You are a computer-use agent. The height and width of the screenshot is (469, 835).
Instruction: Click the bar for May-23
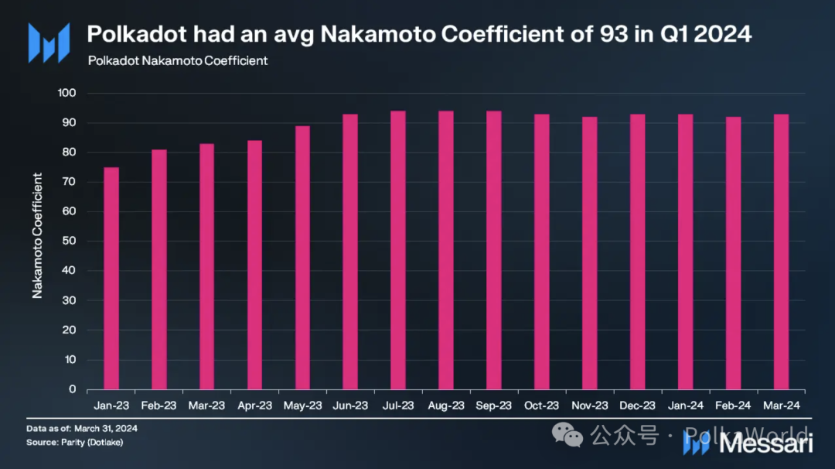pos(302,258)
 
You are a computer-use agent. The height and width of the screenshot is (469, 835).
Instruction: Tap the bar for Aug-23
pos(446,250)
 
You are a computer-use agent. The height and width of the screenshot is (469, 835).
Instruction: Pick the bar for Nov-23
pos(590,253)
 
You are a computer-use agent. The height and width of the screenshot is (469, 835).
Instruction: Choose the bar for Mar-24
pos(781,252)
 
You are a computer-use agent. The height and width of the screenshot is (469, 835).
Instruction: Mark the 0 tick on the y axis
pos(72,389)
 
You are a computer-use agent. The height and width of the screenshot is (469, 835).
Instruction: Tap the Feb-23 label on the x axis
pos(158,405)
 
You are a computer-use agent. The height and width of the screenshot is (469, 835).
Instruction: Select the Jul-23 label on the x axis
pos(398,405)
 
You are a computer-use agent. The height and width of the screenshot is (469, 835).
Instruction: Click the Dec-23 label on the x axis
pos(637,405)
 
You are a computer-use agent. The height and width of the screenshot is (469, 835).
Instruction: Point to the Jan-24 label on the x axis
pos(685,405)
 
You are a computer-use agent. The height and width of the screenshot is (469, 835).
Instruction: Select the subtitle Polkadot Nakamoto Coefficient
pos(178,60)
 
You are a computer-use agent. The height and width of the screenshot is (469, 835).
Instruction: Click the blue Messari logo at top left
pos(49,43)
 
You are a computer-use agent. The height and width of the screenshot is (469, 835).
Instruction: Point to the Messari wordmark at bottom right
pos(765,444)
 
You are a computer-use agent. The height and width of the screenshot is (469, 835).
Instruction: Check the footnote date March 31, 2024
pos(97,428)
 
